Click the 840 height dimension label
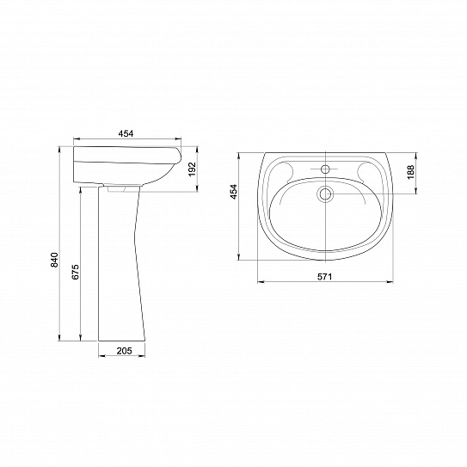point(54,260)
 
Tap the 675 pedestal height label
point(76,272)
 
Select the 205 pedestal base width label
point(124,351)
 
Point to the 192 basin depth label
point(193,169)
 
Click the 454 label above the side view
point(126,133)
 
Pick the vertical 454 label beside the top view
point(234,192)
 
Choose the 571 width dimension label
point(324,277)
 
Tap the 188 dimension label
point(411,172)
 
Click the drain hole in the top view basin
point(325,194)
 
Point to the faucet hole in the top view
point(325,169)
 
